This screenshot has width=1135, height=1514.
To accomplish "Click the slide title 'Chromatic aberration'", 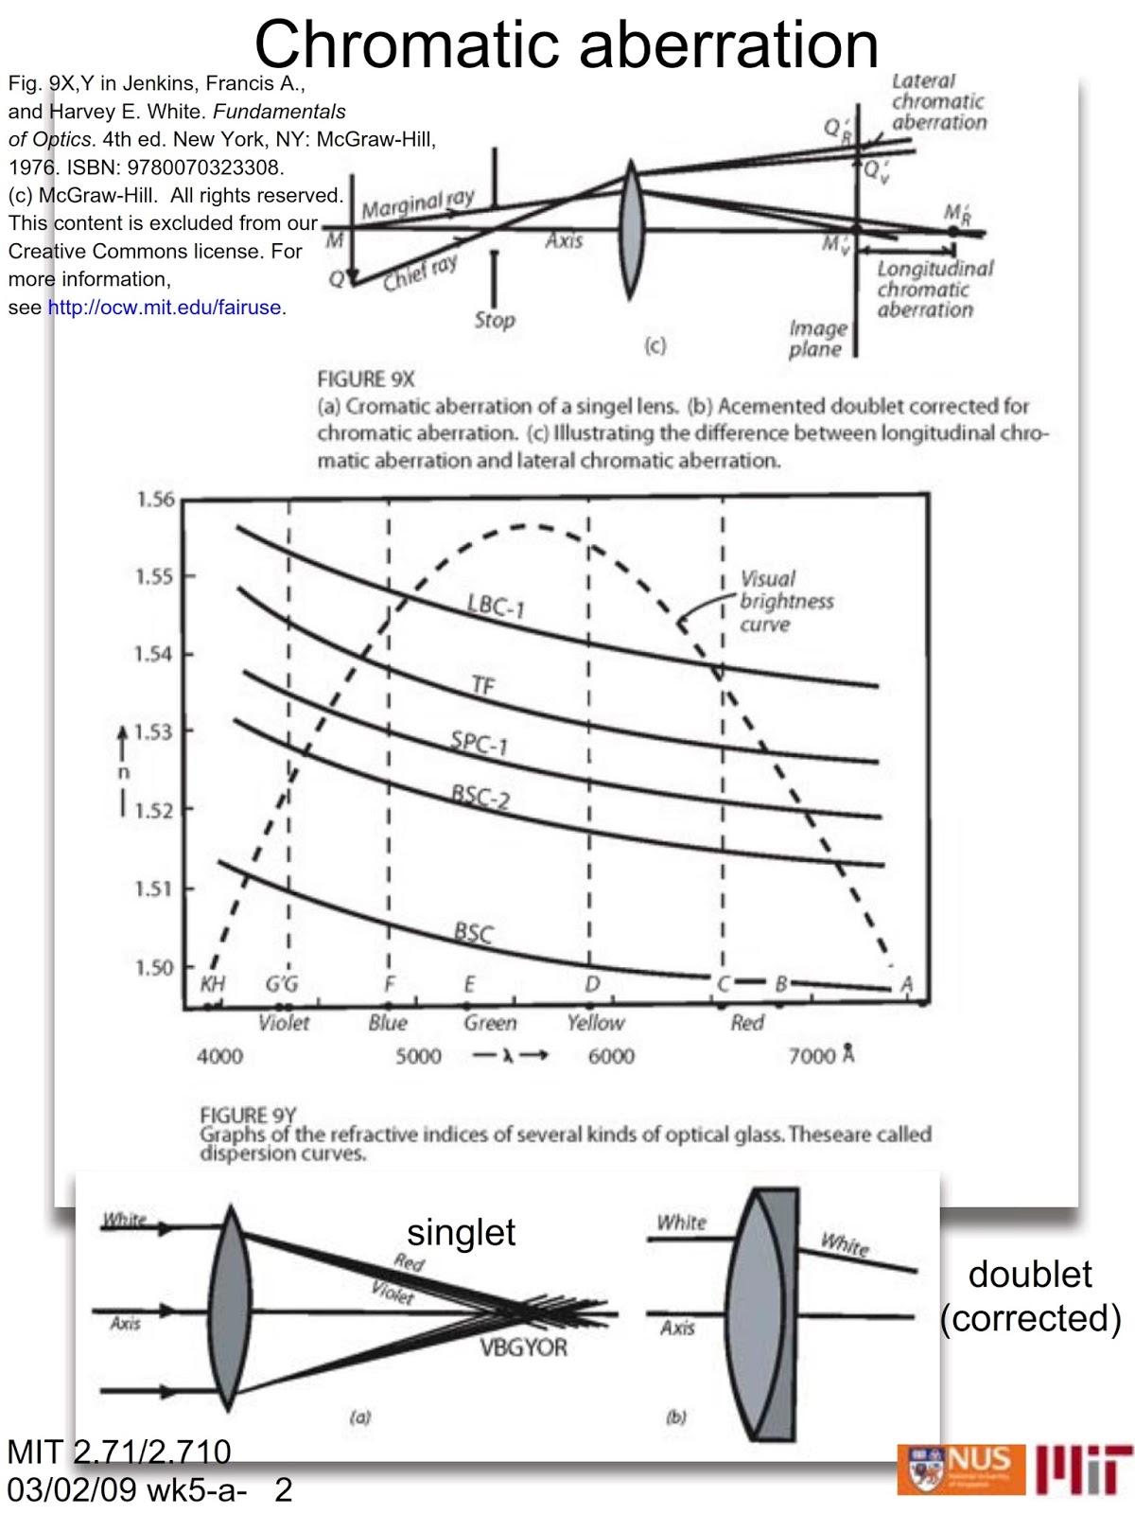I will tap(567, 44).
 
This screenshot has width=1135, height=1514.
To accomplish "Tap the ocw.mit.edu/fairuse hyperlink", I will tap(165, 308).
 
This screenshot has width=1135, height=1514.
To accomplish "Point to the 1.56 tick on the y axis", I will tap(156, 500).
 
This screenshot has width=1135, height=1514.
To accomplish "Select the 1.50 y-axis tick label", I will tap(155, 967).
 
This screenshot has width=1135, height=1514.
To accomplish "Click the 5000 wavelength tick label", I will tap(418, 1056).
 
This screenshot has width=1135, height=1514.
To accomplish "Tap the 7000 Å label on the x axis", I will tap(821, 1055).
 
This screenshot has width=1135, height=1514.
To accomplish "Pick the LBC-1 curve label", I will tap(496, 605).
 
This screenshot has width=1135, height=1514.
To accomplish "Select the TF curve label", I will tap(483, 684).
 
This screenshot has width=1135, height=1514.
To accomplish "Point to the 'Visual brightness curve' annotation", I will tap(785, 601).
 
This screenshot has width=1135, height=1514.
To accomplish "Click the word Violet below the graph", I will tap(284, 1023).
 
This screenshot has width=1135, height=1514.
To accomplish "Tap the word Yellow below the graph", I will tap(595, 1023).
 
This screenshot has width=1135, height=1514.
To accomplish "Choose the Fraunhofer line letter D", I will tap(592, 984).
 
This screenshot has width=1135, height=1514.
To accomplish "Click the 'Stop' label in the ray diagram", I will tap(495, 320).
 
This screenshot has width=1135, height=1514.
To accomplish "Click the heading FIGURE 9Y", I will tap(248, 1115).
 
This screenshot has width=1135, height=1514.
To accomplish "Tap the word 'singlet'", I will tap(461, 1232).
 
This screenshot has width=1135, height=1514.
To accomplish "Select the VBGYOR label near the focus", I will tap(523, 1347).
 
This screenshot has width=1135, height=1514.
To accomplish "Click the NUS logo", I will tap(961, 1469).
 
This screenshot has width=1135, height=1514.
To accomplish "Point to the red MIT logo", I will tap(1084, 1470).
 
